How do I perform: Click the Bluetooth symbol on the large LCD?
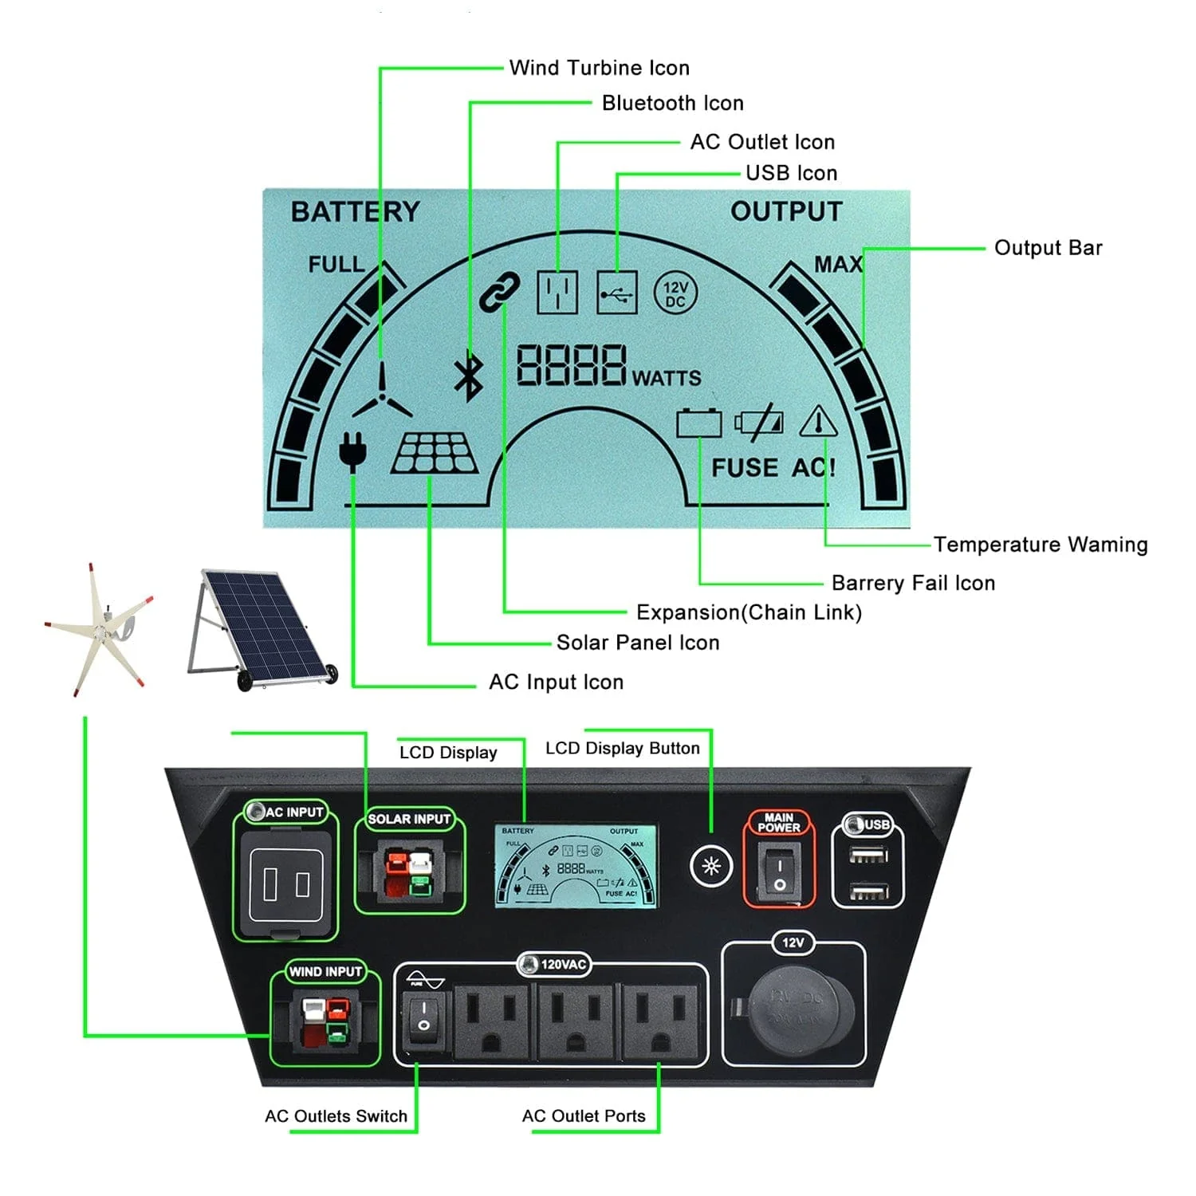click(x=469, y=376)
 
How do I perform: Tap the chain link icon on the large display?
click(x=499, y=291)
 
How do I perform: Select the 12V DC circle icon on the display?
click(x=675, y=293)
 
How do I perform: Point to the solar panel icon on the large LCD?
click(x=435, y=454)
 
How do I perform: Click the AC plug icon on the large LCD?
click(x=352, y=450)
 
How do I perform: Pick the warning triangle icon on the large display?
click(x=818, y=422)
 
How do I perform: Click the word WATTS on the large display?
click(x=667, y=378)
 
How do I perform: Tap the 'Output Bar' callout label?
click(x=1048, y=248)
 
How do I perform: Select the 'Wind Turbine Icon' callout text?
click(x=599, y=68)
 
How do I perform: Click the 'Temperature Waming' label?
click(x=1041, y=545)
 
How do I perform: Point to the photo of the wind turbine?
click(x=100, y=630)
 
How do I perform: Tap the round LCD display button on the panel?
click(x=710, y=866)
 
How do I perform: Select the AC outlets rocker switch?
click(x=423, y=1016)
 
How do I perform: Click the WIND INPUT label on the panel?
click(x=325, y=972)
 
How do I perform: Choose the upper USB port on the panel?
click(x=868, y=856)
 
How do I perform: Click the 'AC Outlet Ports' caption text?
click(x=584, y=1116)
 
